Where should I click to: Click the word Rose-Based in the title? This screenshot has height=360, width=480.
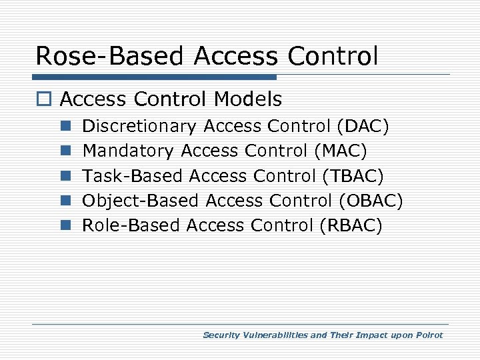[x=111, y=56]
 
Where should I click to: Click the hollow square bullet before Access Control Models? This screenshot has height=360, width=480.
[x=44, y=101]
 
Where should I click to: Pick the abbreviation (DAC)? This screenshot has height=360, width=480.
[x=363, y=126]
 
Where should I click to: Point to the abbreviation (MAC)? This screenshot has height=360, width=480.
[x=340, y=151]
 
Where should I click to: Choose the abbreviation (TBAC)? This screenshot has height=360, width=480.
[x=353, y=176]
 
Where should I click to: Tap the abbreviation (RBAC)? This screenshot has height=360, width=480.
[x=351, y=225]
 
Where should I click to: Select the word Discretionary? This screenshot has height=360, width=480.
[x=139, y=126]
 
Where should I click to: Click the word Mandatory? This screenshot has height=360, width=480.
[x=128, y=151]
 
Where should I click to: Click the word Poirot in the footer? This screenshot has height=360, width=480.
[x=428, y=335]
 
